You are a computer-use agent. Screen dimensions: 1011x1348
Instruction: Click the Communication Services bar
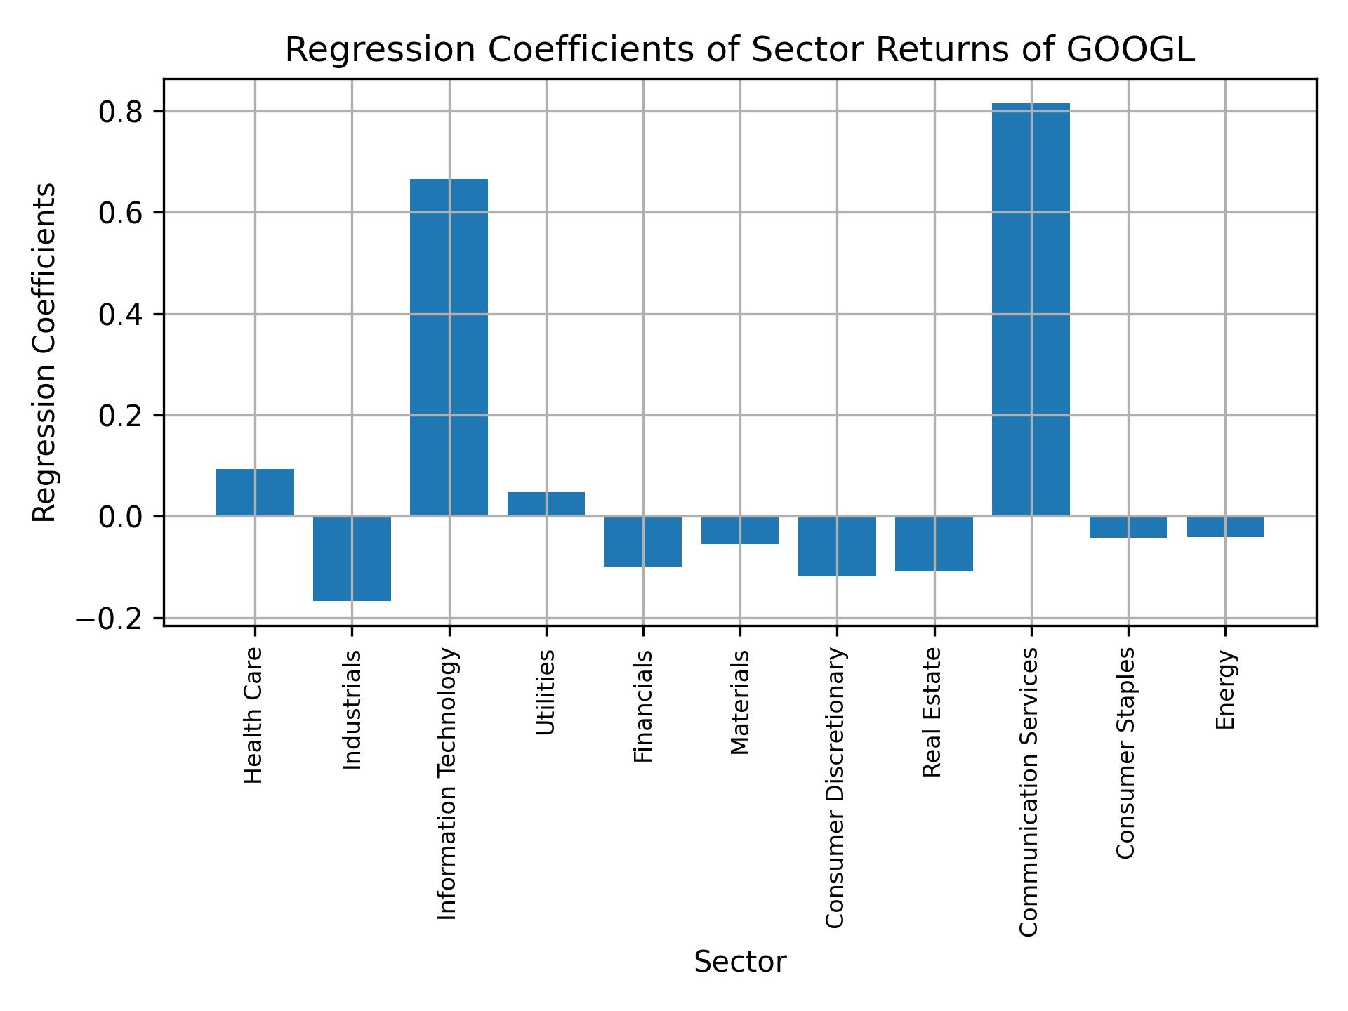coord(1031,309)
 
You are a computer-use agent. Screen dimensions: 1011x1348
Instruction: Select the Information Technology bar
coord(449,348)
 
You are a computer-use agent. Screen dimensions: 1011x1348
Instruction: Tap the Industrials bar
coord(352,558)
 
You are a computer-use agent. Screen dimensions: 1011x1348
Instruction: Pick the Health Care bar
coord(255,492)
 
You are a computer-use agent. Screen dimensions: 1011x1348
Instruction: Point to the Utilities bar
coord(546,504)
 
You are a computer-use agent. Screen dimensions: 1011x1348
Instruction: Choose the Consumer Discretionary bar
coord(837,546)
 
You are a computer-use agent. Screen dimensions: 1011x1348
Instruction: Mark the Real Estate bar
coord(934,543)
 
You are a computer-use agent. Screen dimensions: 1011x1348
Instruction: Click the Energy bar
coord(1225,527)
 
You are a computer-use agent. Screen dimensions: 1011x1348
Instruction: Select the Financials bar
coord(643,541)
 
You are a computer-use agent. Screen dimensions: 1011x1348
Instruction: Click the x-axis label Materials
coord(740,702)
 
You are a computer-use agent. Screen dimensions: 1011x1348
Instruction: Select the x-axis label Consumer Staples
coord(1125,753)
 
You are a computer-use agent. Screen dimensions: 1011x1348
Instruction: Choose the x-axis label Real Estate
coord(932,712)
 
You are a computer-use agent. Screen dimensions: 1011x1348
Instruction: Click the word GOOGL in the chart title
coord(1130,51)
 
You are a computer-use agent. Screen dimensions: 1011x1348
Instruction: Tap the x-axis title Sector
coord(740,962)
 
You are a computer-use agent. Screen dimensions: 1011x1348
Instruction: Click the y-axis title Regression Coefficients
coord(45,352)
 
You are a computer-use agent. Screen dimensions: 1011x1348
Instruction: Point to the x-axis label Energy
coord(1225,689)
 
